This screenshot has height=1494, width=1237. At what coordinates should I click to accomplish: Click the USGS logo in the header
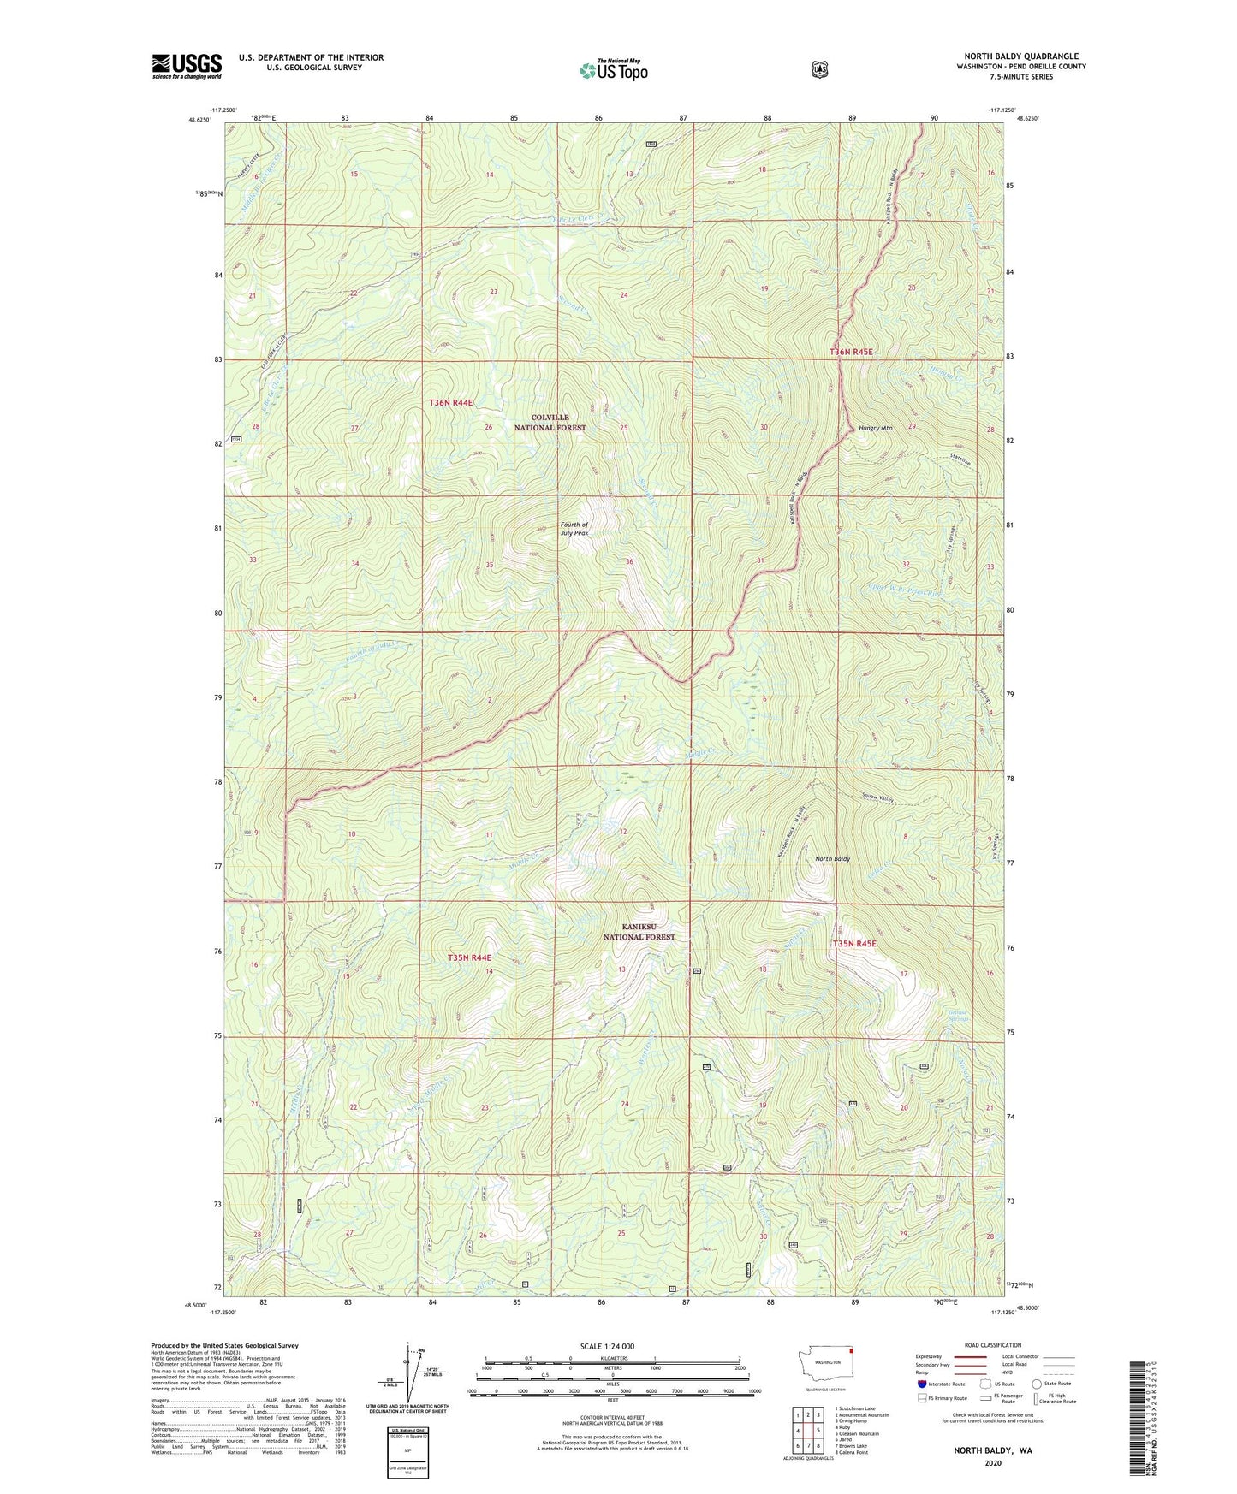(x=187, y=66)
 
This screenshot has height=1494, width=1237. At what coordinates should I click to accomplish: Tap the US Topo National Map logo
(x=613, y=70)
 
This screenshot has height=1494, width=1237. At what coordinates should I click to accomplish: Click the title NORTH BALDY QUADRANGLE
(x=1020, y=56)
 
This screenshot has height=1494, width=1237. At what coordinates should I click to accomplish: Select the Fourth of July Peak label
(x=574, y=528)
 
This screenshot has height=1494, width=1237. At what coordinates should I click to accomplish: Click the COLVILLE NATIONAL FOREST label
(x=550, y=422)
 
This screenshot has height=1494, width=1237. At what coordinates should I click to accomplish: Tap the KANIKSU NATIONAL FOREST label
(x=639, y=932)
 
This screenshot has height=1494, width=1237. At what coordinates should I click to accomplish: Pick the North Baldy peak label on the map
(x=832, y=858)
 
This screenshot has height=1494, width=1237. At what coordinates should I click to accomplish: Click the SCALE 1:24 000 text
(x=607, y=1346)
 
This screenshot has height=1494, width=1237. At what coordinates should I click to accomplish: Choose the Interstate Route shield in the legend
(x=921, y=1384)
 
